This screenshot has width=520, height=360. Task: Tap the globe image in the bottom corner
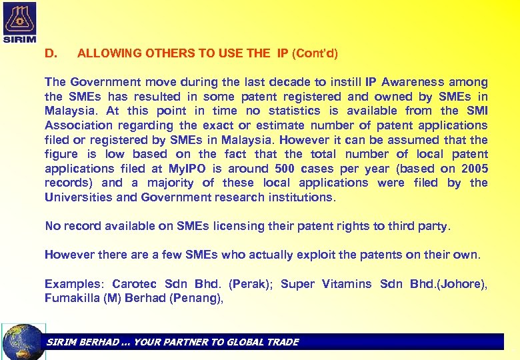(x=24, y=341)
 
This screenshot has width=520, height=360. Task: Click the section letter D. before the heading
(x=51, y=53)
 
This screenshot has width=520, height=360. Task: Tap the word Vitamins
(x=347, y=284)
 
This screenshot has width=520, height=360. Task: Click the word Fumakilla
(x=72, y=298)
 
